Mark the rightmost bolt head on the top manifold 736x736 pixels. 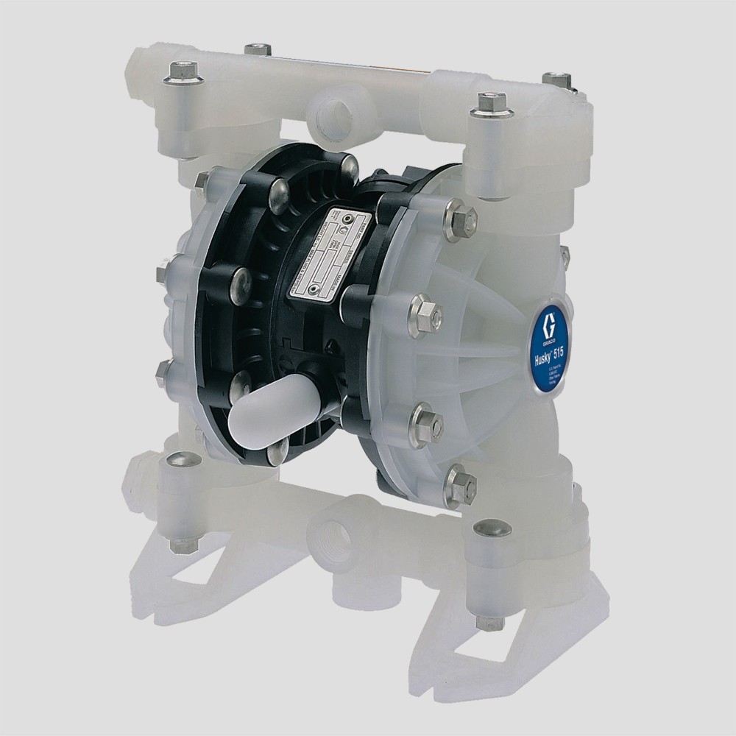(x=556, y=78)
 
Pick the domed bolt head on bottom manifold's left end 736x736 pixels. (x=178, y=461)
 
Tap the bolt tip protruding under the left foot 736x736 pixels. (x=180, y=545)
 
